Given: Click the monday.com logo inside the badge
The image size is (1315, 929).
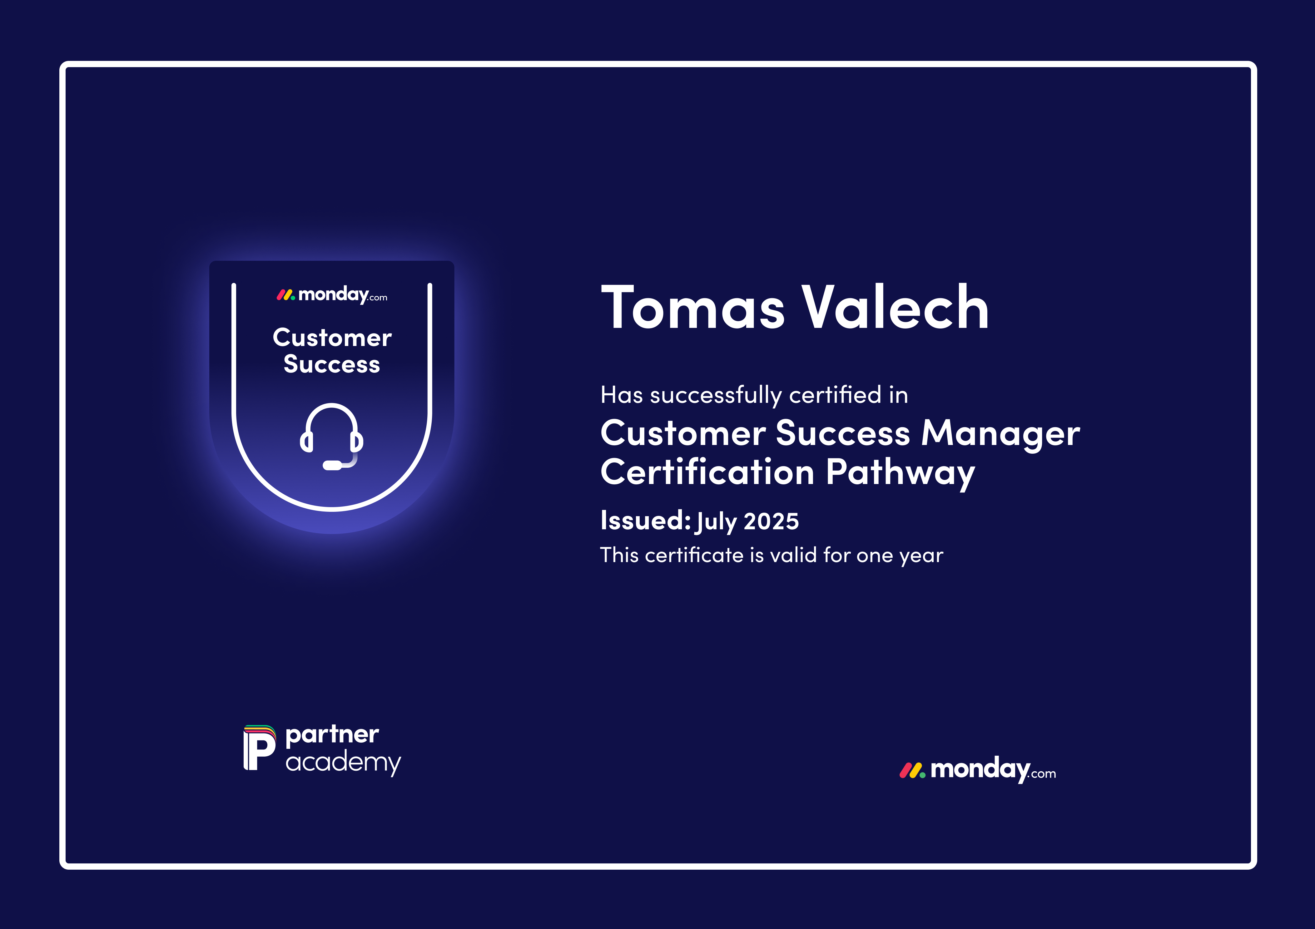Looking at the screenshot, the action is click(332, 295).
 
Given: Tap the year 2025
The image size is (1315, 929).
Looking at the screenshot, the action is click(771, 521).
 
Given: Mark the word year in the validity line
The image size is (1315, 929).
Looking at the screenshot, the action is click(921, 556).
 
